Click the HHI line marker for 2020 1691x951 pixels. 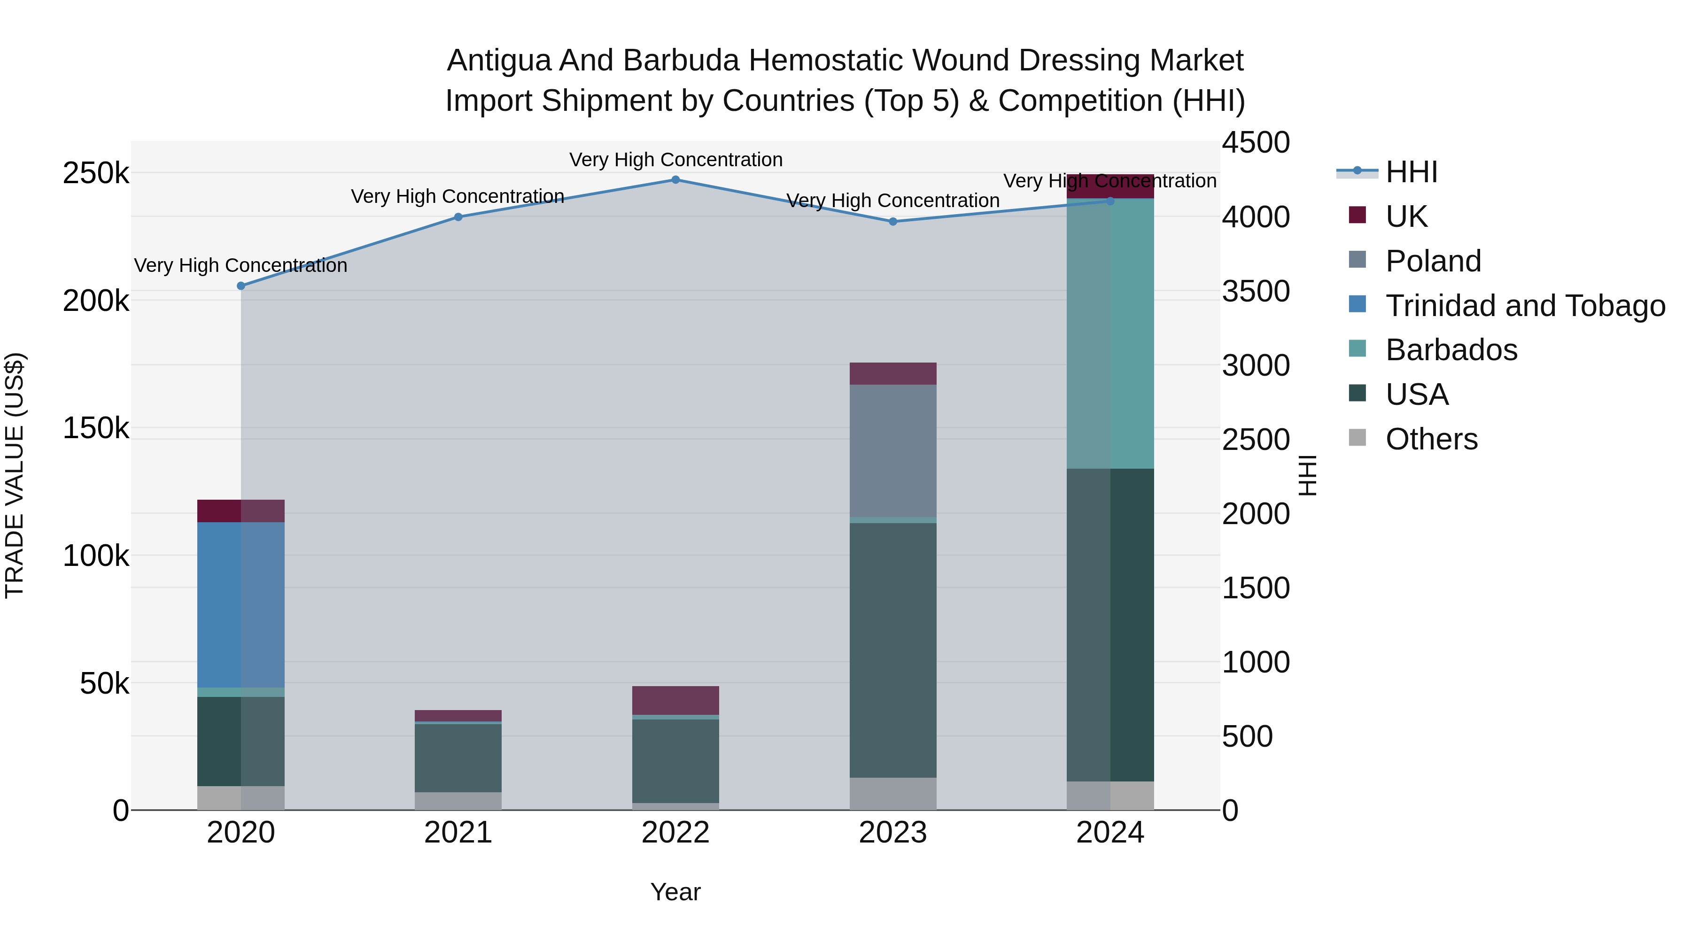(x=241, y=286)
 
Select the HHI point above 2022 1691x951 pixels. (x=675, y=180)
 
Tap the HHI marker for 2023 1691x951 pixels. (x=893, y=222)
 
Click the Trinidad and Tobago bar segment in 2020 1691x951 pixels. (x=241, y=604)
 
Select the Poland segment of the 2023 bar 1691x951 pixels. (x=893, y=451)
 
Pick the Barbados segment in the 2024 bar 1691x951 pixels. (x=1110, y=333)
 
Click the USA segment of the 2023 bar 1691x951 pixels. (x=893, y=650)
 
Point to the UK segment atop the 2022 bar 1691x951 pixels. (x=675, y=700)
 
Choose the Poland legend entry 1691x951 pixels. (x=1433, y=261)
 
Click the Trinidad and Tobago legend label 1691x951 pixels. (x=1525, y=306)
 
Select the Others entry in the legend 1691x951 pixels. (x=1431, y=439)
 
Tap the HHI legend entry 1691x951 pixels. (x=1412, y=172)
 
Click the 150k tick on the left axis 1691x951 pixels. (x=96, y=429)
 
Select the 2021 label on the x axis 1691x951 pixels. (x=458, y=833)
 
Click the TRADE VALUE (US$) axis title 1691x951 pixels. (x=15, y=475)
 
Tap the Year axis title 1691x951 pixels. (x=675, y=892)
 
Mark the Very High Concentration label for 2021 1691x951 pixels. (x=458, y=196)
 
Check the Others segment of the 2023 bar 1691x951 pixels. (x=893, y=794)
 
